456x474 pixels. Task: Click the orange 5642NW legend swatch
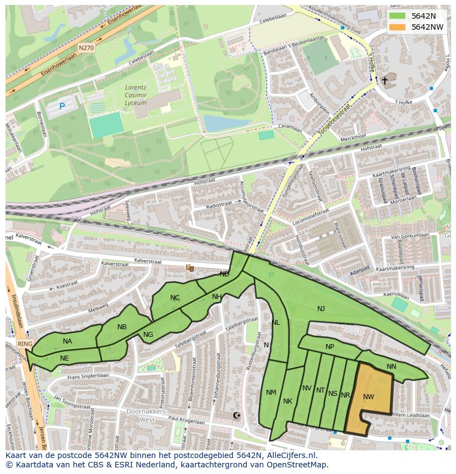397,27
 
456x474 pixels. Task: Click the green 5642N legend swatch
397,16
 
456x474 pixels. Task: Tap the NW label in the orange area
368,396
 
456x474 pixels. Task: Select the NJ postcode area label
321,309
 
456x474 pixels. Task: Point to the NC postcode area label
175,298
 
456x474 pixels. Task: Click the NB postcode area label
122,327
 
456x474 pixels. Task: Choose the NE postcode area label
64,358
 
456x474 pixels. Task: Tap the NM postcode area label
271,393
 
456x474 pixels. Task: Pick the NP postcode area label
330,347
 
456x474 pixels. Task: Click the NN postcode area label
392,366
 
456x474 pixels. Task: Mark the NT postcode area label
321,390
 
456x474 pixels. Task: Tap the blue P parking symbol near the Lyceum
62,106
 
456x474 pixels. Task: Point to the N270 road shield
86,48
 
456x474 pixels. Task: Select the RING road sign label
25,344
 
